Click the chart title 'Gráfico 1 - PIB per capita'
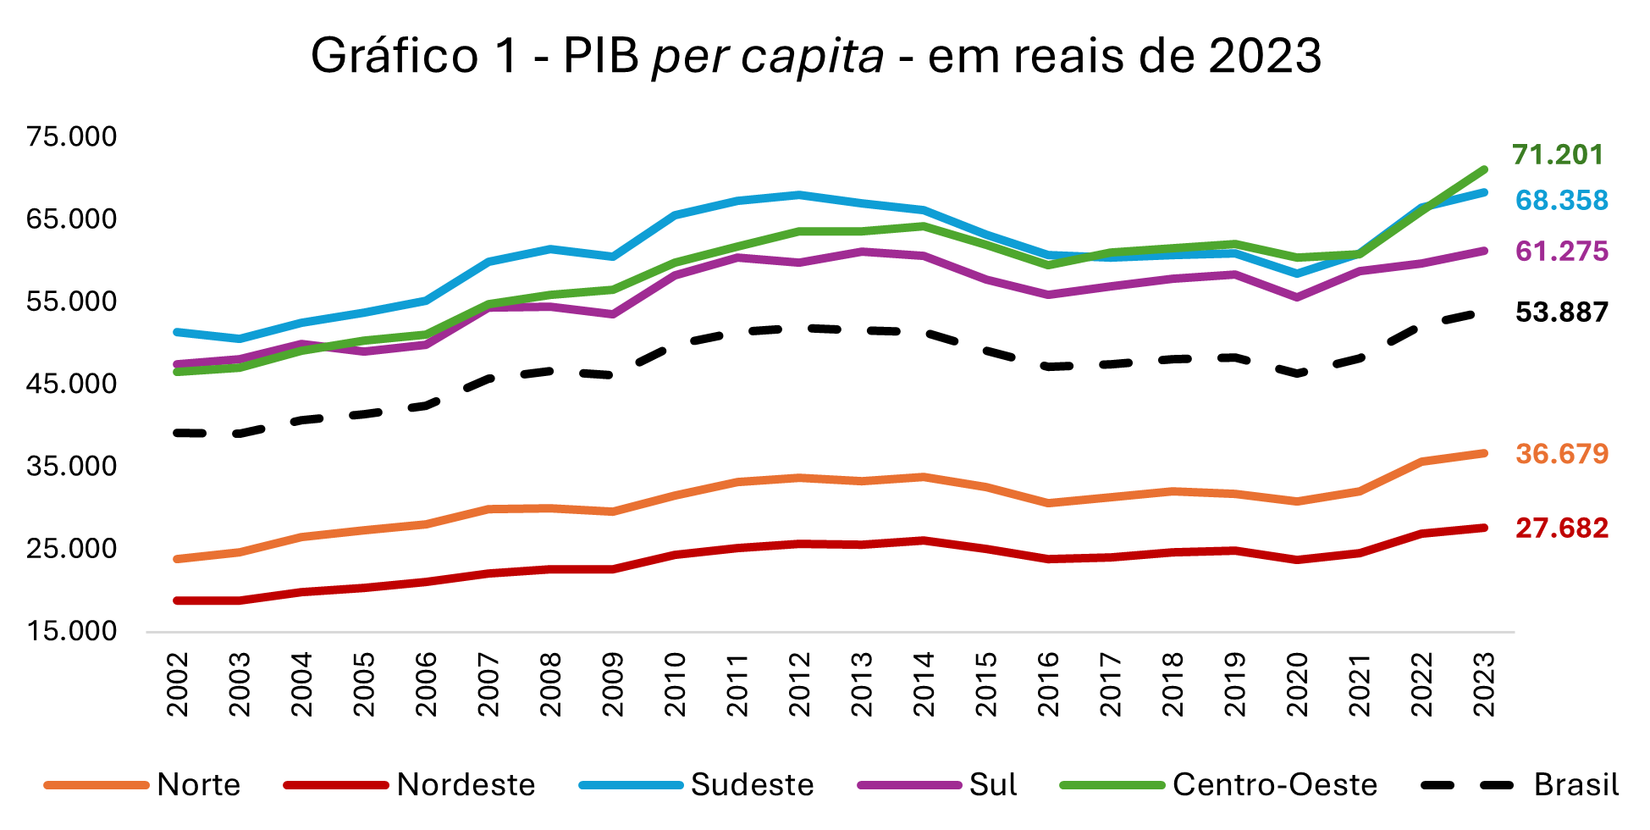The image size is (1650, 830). tap(816, 56)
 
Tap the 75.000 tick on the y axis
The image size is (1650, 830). tap(71, 136)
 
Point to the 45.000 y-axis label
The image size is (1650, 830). tap(71, 384)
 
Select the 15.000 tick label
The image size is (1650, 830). tap(71, 631)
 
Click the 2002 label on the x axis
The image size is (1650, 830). tap(178, 684)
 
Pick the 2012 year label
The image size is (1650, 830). tap(800, 684)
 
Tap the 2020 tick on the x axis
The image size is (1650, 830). tap(1298, 684)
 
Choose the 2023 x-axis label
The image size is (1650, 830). tap(1484, 684)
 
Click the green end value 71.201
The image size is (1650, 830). tap(1558, 155)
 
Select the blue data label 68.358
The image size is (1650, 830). tap(1561, 201)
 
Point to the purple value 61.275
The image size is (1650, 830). tap(1561, 252)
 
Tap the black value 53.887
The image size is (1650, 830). tap(1561, 313)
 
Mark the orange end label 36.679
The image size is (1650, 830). tap(1561, 454)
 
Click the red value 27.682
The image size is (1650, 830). tap(1561, 528)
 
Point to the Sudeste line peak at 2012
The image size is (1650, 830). tap(800, 195)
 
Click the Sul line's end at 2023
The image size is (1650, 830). tap(1484, 251)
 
